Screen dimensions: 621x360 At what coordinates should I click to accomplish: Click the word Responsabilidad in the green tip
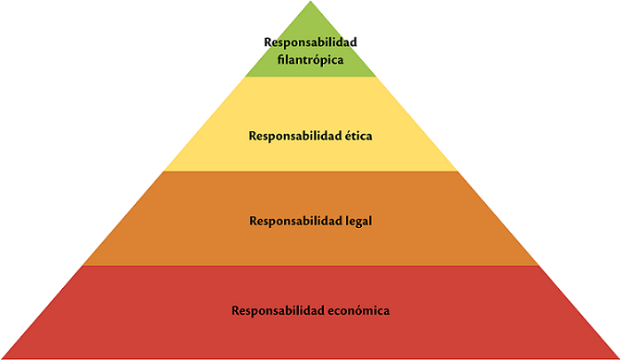[x=310, y=42]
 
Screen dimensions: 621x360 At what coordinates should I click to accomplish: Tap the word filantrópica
[x=310, y=59]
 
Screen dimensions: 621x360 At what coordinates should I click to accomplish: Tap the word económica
[x=358, y=311]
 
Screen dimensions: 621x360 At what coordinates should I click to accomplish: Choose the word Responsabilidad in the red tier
[x=276, y=311]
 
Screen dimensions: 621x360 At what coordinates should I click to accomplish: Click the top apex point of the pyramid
[x=310, y=3]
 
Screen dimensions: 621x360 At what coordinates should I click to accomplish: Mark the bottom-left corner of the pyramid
[x=3, y=357]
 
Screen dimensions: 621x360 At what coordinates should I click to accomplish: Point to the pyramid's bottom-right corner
[x=618, y=357]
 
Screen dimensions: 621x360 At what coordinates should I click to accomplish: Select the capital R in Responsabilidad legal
[x=254, y=219]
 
